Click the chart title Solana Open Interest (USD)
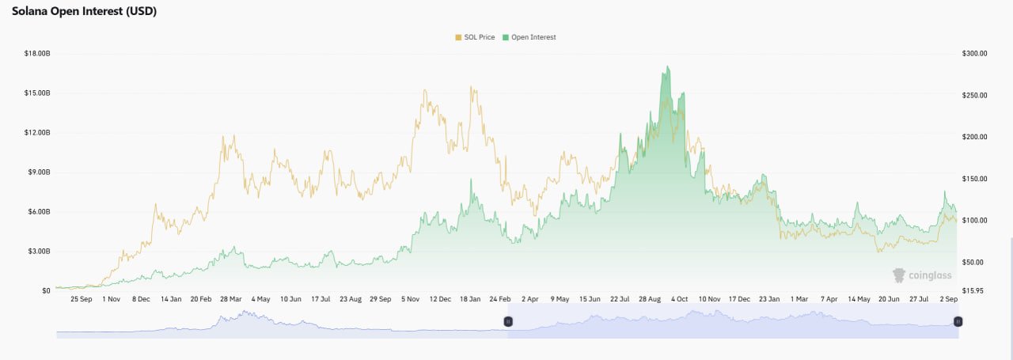[84, 11]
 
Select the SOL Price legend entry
[475, 37]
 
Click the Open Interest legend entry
[529, 37]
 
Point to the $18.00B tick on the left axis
[37, 53]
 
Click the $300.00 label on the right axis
[974, 53]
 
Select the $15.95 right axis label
[973, 291]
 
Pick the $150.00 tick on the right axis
[974, 179]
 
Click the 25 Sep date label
[82, 299]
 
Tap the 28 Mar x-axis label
[230, 299]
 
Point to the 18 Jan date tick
[470, 299]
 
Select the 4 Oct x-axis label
[679, 299]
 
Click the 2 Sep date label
[949, 299]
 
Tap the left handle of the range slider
[508, 321]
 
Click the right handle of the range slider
[958, 321]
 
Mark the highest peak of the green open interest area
[668, 66]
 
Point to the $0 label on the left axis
[46, 291]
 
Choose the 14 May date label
[859, 299]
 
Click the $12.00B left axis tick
[37, 132]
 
